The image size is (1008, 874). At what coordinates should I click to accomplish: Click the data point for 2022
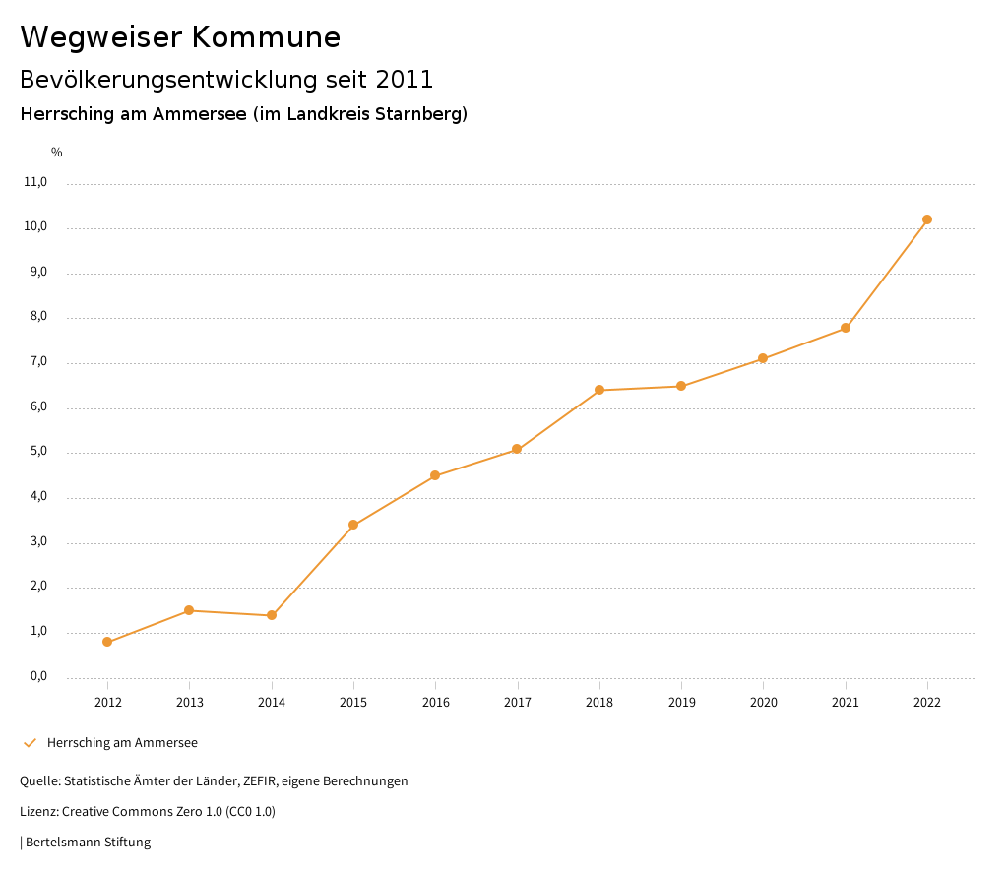pos(927,219)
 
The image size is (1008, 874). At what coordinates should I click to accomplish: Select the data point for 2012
pos(107,642)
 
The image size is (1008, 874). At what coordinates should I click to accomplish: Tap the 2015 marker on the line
pos(353,525)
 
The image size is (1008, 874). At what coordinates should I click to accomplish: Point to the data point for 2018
pos(599,390)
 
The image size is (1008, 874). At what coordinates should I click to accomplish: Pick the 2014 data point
pos(272,615)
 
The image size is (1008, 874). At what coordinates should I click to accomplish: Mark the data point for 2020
pos(763,358)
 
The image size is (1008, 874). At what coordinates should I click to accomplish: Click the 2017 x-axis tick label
pos(518,702)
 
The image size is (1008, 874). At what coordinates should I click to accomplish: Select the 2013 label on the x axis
pos(190,702)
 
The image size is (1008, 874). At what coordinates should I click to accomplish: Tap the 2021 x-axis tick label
pos(846,702)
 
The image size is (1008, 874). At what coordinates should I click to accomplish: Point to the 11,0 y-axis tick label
pos(35,182)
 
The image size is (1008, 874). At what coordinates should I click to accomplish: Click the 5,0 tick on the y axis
pos(38,453)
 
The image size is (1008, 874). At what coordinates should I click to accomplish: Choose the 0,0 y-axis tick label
pos(38,677)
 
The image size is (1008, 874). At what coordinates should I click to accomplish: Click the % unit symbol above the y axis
pos(57,153)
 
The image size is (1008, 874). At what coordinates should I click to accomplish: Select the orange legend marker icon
pos(30,742)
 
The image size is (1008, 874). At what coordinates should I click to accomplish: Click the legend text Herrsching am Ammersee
pos(122,742)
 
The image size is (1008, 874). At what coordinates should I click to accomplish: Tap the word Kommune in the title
pos(266,37)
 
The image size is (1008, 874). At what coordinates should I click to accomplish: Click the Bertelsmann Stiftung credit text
pos(88,842)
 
